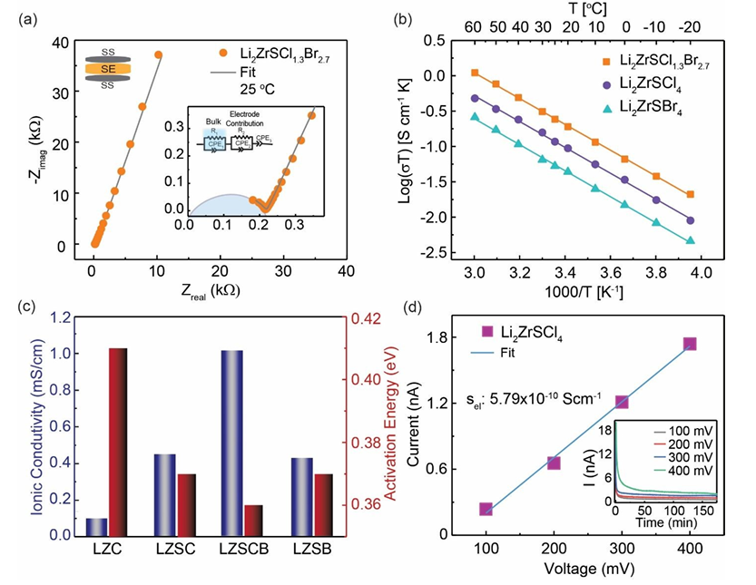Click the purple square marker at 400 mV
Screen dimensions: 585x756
[x=690, y=344]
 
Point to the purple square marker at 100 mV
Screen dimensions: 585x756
[x=486, y=509]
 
